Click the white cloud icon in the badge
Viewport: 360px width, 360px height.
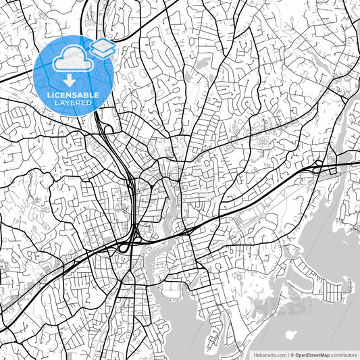pos(73,59)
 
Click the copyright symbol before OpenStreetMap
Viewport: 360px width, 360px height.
pos(292,354)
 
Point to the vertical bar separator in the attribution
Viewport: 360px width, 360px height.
pos(287,354)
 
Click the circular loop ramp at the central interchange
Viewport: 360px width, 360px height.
pos(124,248)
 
